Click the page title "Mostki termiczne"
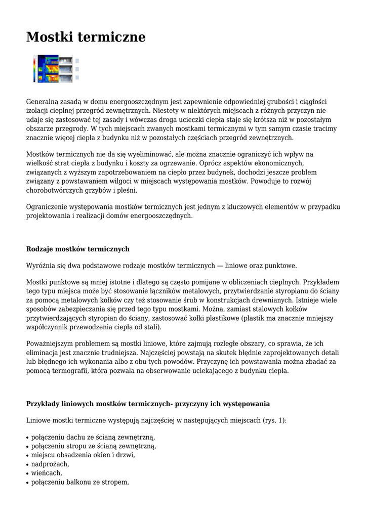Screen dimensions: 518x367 86,37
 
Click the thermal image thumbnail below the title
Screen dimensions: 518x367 56,68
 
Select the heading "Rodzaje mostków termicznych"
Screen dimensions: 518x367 77,249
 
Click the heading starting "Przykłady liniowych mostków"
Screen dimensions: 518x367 147,404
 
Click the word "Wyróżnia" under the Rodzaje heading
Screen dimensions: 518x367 41,265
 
